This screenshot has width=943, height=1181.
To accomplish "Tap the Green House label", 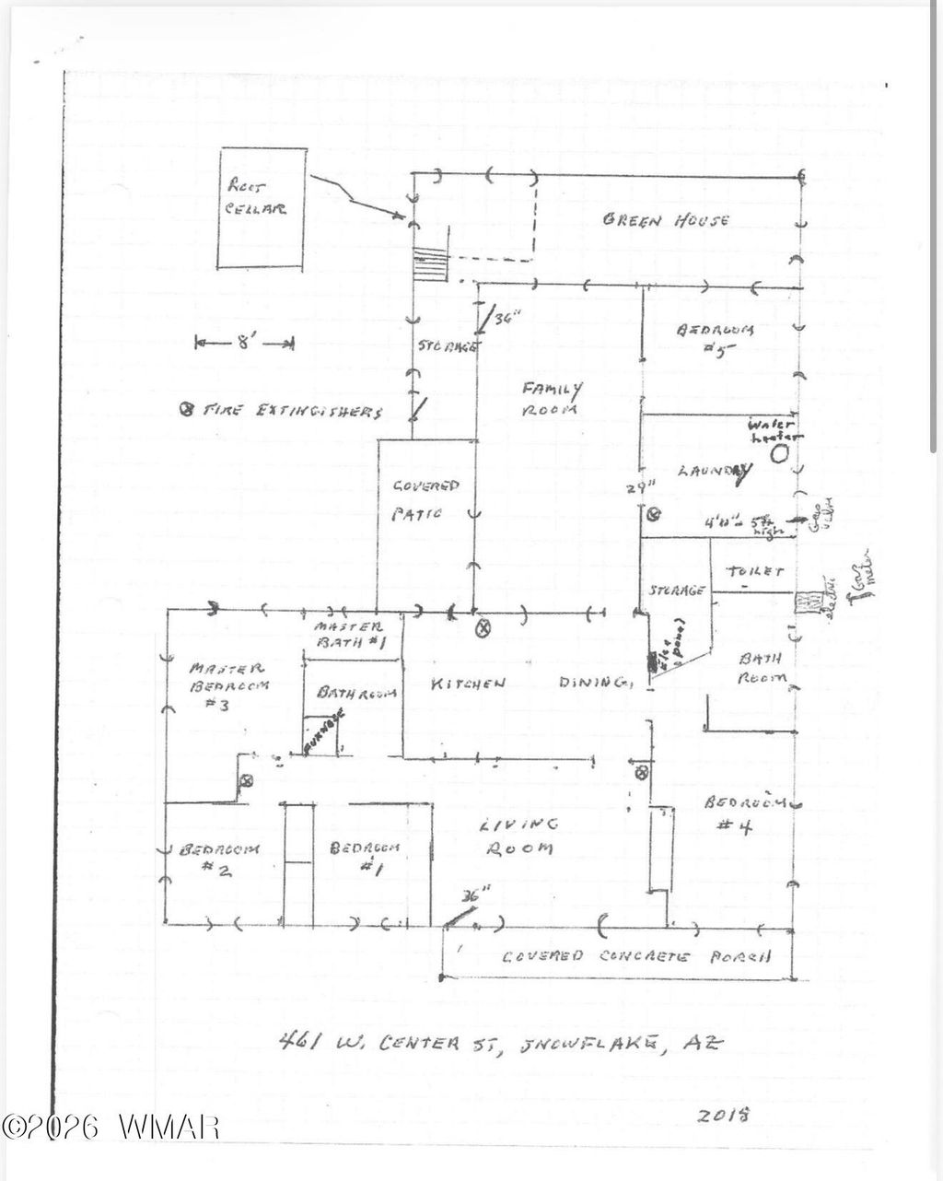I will click(x=666, y=220).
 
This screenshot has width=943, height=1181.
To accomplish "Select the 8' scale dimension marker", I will click(x=244, y=344).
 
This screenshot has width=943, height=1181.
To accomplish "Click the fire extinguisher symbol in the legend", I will click(x=185, y=410).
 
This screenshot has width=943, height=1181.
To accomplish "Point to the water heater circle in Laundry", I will click(x=779, y=453).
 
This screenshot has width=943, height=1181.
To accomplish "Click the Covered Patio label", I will click(x=425, y=498).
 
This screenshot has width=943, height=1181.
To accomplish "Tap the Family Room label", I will click(x=552, y=399).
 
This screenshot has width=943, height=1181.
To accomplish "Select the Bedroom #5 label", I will click(x=716, y=338).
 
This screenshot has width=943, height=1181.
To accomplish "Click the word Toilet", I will click(x=754, y=572).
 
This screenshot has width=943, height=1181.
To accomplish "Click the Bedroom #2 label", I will click(x=219, y=858).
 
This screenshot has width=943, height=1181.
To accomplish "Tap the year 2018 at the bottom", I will click(x=724, y=1114).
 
